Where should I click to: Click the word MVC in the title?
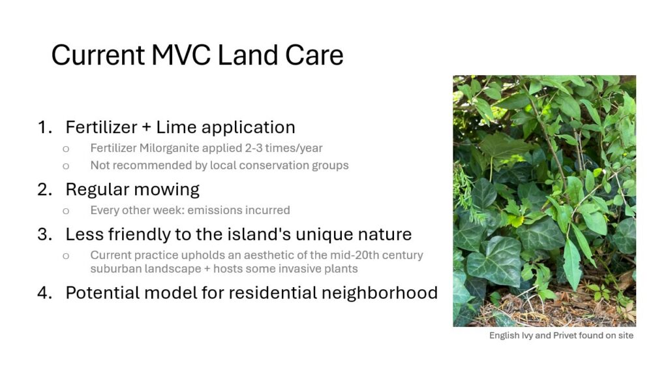click(x=181, y=55)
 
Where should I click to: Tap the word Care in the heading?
click(x=314, y=55)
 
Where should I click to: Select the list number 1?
click(x=45, y=127)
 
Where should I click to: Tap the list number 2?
click(x=45, y=189)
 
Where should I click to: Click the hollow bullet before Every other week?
click(x=66, y=211)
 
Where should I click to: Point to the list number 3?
click(x=45, y=234)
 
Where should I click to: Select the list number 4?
click(x=45, y=292)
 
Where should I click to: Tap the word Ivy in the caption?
click(x=527, y=336)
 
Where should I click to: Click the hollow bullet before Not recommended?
click(x=66, y=166)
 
